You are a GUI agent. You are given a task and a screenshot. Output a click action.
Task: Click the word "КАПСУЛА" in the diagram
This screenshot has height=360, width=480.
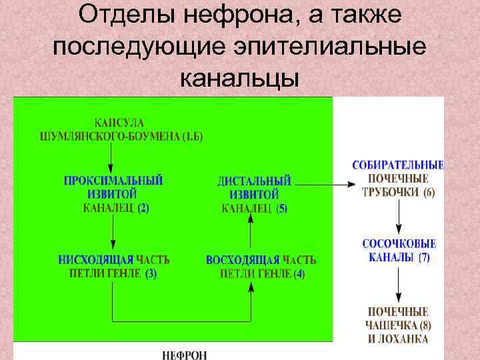click(119, 123)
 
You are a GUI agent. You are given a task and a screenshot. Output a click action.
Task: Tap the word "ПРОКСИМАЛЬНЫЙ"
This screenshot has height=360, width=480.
click(113, 181)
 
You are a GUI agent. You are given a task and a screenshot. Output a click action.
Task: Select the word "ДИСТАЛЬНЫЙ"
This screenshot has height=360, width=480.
click(255, 181)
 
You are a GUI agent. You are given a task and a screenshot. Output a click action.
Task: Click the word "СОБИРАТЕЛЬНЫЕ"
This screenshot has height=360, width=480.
click(398, 165)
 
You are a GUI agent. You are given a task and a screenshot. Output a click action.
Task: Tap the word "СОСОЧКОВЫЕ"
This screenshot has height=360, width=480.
click(399, 244)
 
